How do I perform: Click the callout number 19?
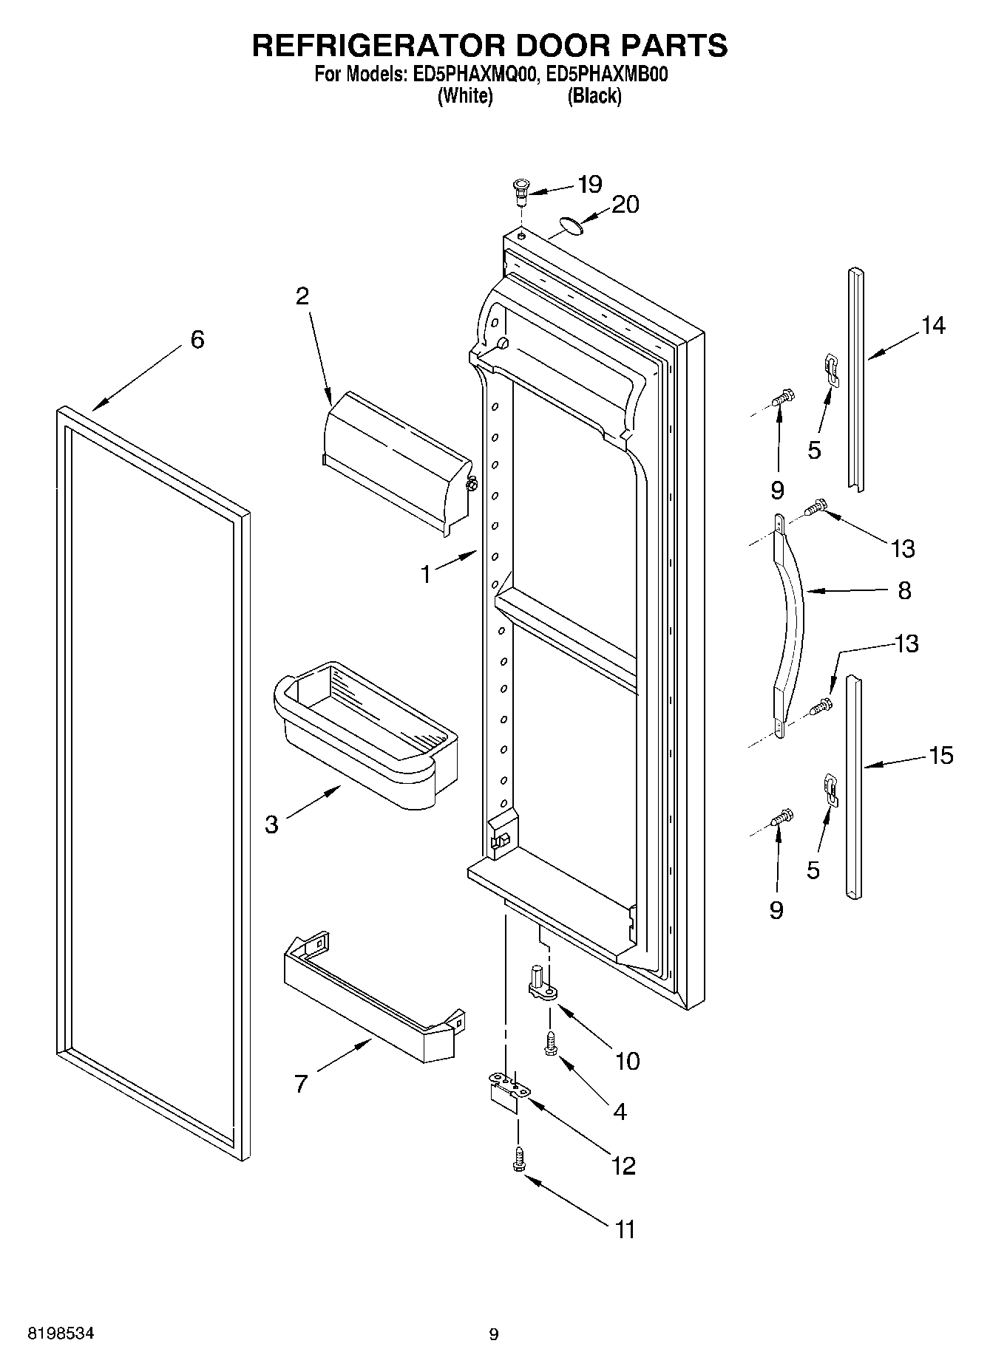(590, 184)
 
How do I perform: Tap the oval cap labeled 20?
(570, 225)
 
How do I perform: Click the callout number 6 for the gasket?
(197, 340)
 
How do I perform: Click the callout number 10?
(627, 1062)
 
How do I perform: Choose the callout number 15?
(940, 756)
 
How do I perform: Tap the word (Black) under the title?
(594, 96)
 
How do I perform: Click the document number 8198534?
(61, 1334)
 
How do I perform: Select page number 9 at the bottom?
(494, 1334)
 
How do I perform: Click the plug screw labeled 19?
(521, 190)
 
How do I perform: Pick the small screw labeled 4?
(551, 1044)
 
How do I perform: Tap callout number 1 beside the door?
(426, 574)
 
